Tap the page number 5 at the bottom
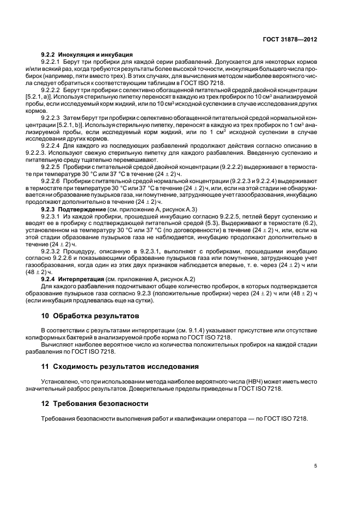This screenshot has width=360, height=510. click(315, 466)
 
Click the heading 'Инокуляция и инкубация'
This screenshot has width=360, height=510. click(95, 54)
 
